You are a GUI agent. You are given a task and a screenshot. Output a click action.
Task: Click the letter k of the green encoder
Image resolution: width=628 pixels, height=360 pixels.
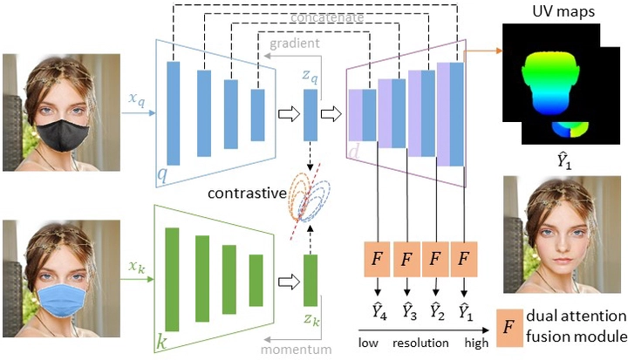tap(160, 338)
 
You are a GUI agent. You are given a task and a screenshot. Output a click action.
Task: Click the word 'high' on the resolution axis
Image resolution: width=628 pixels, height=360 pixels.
tap(476, 343)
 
